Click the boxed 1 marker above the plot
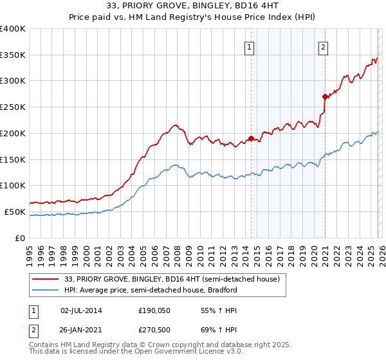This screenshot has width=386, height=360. tap(248, 46)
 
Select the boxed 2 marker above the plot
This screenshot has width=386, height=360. tap(323, 46)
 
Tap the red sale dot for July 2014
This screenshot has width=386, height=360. tap(251, 138)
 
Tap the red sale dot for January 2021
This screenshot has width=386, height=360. tap(326, 96)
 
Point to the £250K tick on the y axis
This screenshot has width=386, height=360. tap(14, 107)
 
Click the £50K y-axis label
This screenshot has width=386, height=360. tap(15, 212)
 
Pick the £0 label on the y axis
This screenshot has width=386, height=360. tap(20, 238)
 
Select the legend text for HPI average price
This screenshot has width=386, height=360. tap(151, 290)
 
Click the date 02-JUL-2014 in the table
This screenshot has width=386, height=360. tap(81, 310)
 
